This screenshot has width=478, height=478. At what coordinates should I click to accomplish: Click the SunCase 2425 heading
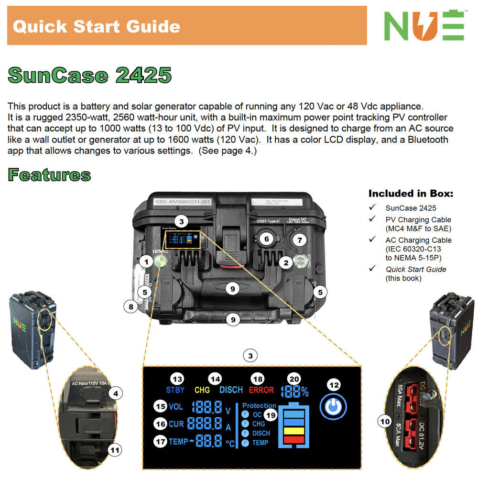point(90,75)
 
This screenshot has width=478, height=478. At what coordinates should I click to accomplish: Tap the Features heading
point(49,175)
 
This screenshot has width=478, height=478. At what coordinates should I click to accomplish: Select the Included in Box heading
point(411,194)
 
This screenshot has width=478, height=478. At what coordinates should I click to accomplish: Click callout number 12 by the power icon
point(335,384)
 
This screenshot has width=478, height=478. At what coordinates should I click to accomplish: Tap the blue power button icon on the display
point(334,406)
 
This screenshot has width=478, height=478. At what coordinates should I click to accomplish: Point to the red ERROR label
point(261,390)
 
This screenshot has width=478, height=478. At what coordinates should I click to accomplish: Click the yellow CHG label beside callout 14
point(202,390)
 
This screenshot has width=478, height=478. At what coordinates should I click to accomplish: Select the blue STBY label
point(175,390)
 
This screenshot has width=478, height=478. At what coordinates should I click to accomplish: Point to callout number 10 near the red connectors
point(385,421)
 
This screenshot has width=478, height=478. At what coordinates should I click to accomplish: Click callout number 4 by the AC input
point(115,393)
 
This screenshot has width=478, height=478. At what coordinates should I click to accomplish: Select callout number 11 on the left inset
point(115,450)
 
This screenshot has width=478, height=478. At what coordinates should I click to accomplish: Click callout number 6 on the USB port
point(267,239)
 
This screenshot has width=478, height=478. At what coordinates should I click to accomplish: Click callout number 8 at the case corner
point(131,306)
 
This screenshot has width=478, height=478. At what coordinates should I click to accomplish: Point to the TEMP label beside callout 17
point(178,442)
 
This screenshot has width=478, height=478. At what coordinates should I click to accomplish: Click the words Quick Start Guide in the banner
point(97,26)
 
